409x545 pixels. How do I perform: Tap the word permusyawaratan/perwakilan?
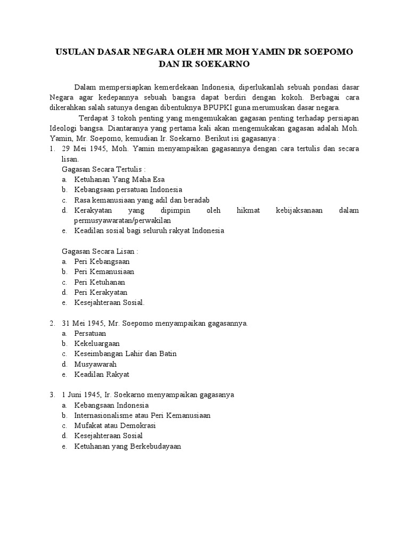(x=122, y=220)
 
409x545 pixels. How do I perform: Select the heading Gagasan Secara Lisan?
(x=100, y=251)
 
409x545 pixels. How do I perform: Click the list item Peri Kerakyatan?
(x=101, y=292)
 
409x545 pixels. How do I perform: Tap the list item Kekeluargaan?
(x=97, y=343)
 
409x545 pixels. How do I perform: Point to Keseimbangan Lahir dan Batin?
(x=126, y=353)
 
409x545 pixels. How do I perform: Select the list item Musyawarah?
(x=95, y=364)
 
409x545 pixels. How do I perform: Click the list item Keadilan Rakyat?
(x=102, y=374)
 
